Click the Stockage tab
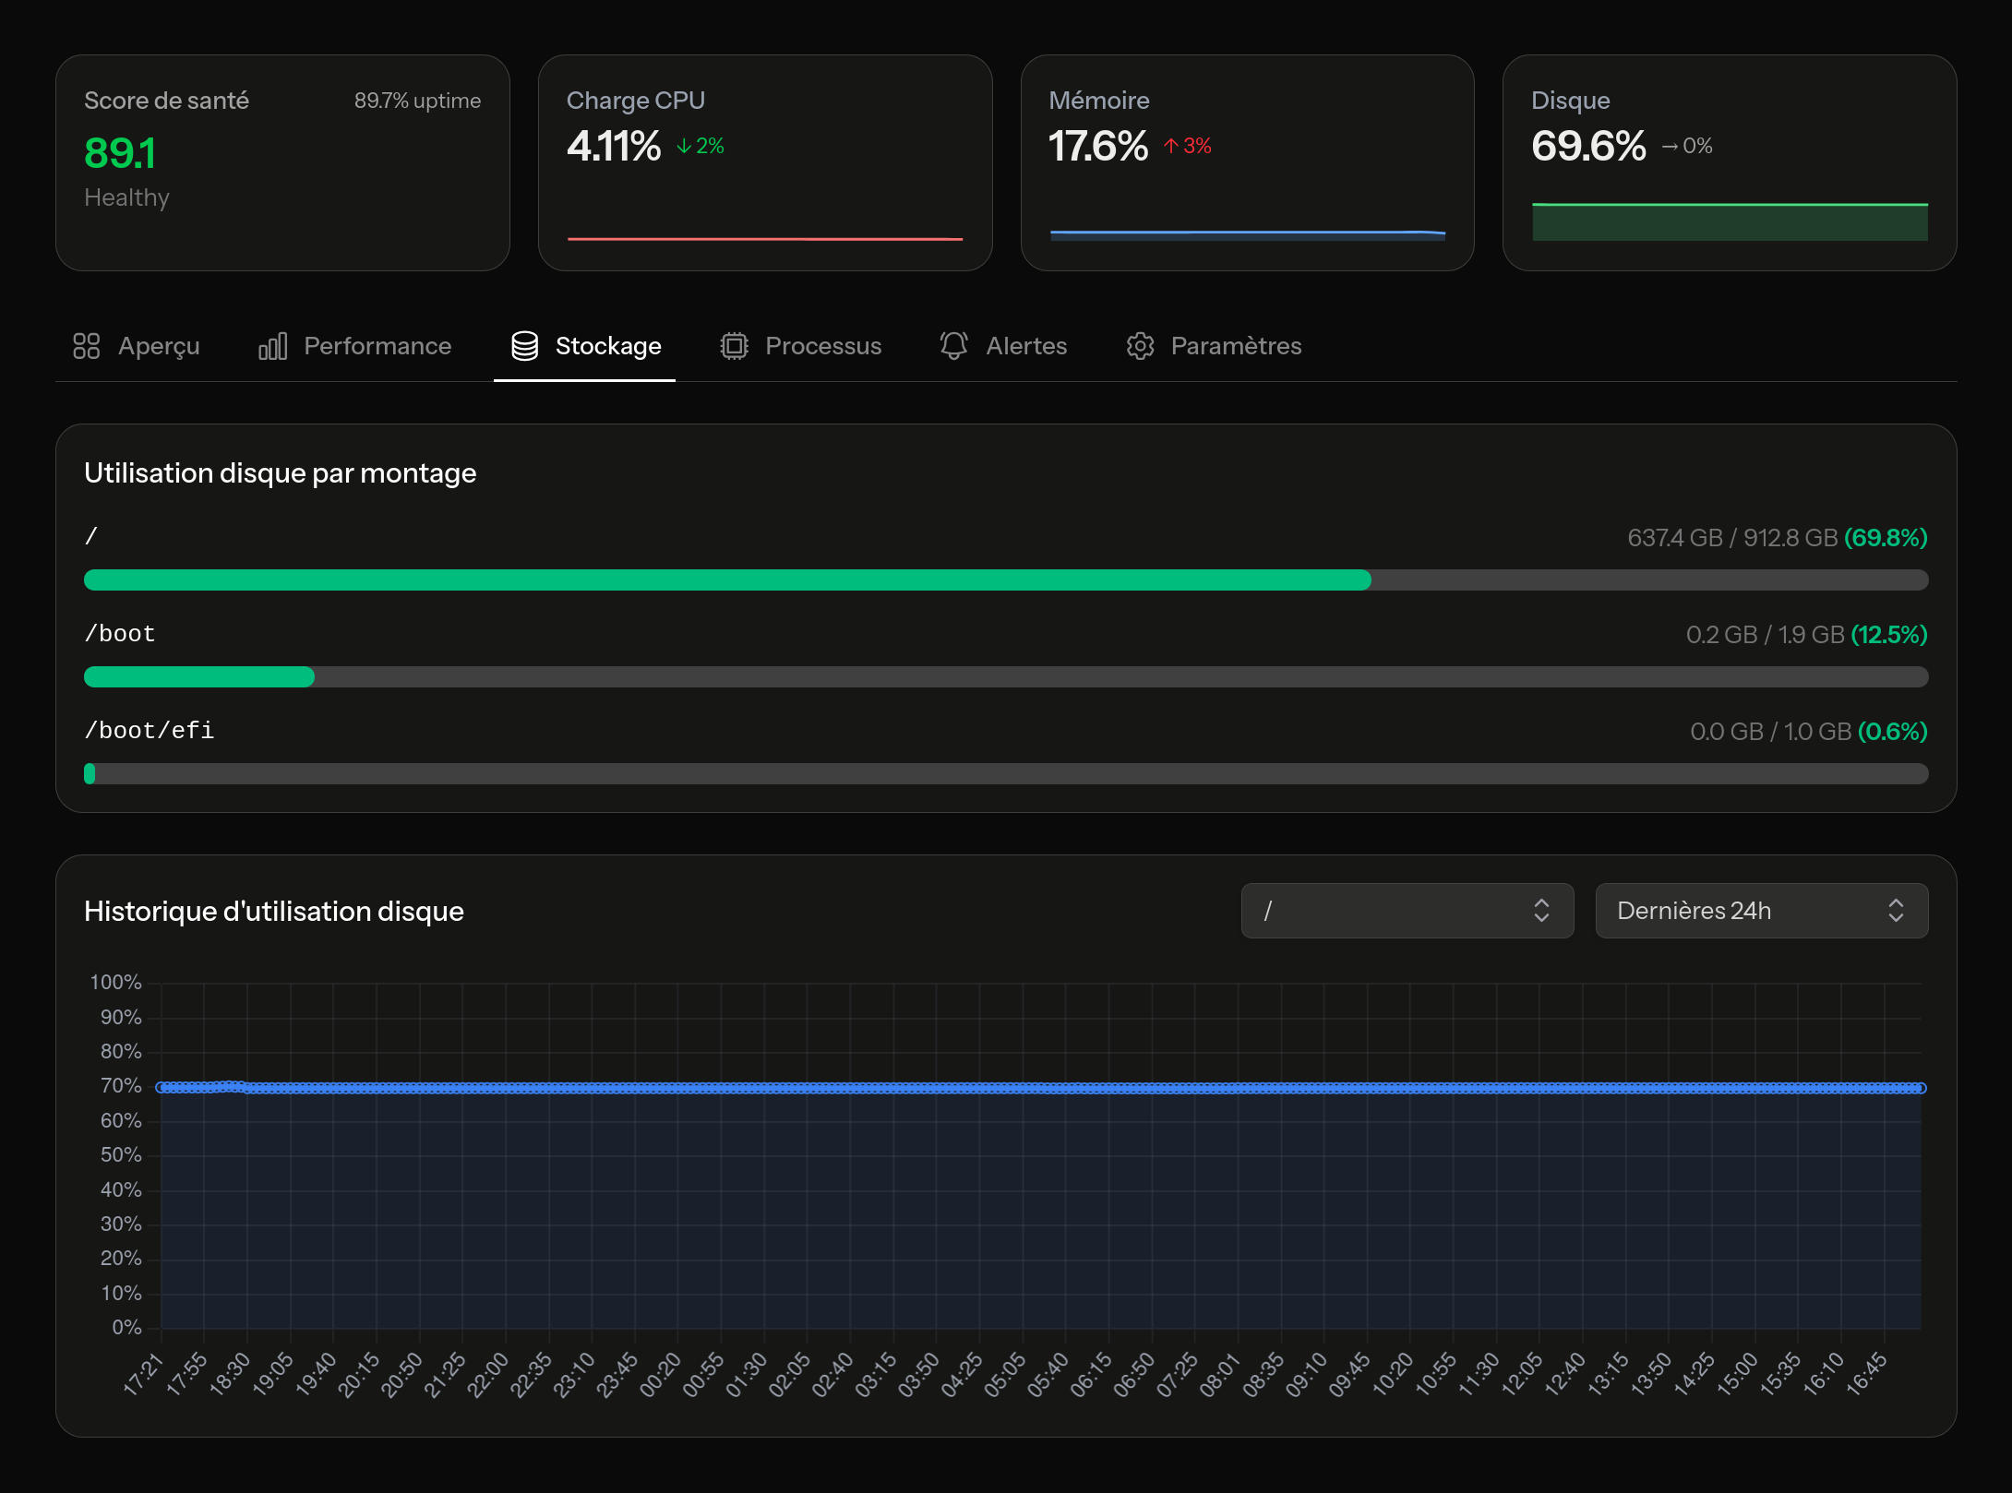tap(585, 346)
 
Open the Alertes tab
tap(1003, 346)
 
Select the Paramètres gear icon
tap(1140, 346)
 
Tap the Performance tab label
tap(377, 346)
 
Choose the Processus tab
tap(800, 346)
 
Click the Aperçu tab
tap(137, 346)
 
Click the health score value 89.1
tap(120, 153)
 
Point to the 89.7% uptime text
tap(417, 101)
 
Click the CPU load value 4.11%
tap(614, 146)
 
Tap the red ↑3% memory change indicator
tap(1188, 146)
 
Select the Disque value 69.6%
tap(1588, 146)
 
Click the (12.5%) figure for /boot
tap(1889, 635)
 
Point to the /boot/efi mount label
tap(149, 731)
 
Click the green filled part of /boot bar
tap(198, 677)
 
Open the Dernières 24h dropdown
tap(1761, 911)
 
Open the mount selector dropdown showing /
tap(1407, 911)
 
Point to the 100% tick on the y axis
tap(116, 983)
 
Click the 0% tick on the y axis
tap(126, 1328)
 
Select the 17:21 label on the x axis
tap(143, 1374)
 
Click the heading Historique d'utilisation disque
tap(274, 912)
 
